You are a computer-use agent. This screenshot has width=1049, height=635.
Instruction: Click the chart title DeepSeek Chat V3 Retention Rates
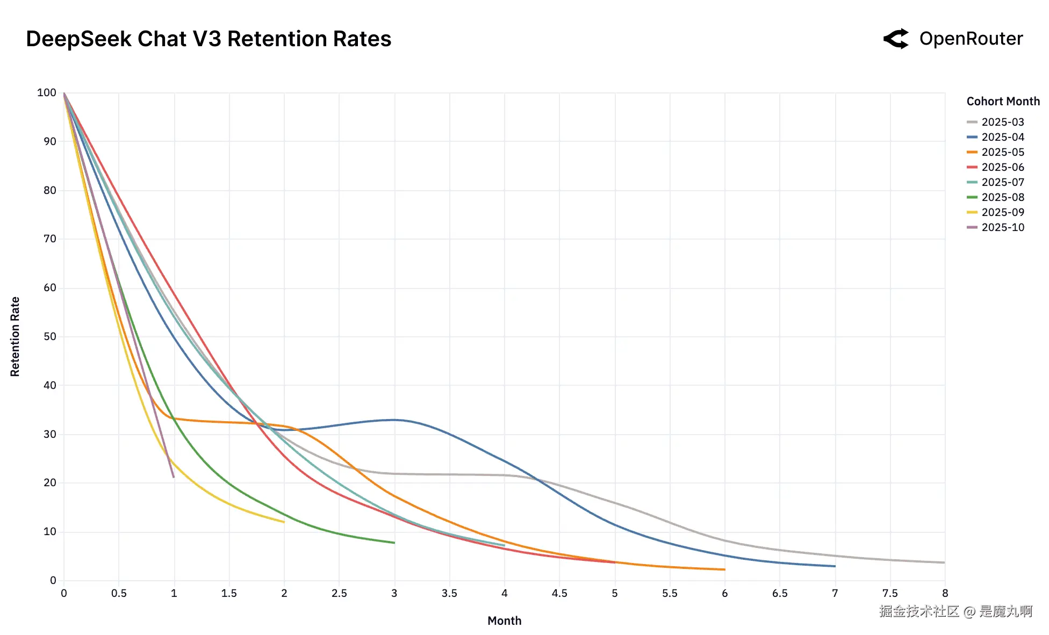pyautogui.click(x=209, y=39)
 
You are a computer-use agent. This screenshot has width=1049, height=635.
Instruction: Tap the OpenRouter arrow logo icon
pyautogui.click(x=896, y=39)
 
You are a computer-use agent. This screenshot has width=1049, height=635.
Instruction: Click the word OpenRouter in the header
pyautogui.click(x=971, y=39)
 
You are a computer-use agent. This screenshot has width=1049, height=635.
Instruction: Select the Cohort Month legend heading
pyautogui.click(x=1003, y=102)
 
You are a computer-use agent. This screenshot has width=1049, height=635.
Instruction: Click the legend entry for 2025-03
pyautogui.click(x=1002, y=122)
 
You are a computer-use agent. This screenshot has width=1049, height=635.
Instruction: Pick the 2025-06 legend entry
pyautogui.click(x=1002, y=167)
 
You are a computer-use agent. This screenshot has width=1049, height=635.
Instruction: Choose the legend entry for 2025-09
pyautogui.click(x=1002, y=212)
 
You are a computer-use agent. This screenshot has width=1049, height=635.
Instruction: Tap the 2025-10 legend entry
pyautogui.click(x=1002, y=227)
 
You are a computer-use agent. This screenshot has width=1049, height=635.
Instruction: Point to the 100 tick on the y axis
pyautogui.click(x=47, y=92)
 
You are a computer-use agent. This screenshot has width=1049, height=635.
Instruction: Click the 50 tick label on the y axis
pyautogui.click(x=49, y=336)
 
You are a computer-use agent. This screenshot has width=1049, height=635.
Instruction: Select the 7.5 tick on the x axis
pyautogui.click(x=890, y=593)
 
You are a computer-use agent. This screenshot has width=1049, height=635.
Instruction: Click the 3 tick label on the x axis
pyautogui.click(x=394, y=593)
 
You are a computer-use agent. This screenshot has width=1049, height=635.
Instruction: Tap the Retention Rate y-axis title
pyautogui.click(x=15, y=336)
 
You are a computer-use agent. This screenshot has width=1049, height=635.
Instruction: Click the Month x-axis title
pyautogui.click(x=504, y=620)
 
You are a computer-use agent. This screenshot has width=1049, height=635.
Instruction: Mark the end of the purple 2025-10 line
pyautogui.click(x=174, y=477)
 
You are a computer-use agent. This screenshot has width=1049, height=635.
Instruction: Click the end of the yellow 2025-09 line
pyautogui.click(x=284, y=522)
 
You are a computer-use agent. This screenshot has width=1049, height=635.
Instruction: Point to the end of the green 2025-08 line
pyautogui.click(x=394, y=543)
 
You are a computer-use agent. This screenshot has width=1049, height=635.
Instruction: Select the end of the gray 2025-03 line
pyautogui.click(x=944, y=562)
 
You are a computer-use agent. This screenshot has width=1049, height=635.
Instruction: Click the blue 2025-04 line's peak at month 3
pyautogui.click(x=394, y=420)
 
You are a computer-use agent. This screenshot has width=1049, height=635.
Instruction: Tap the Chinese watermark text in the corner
pyautogui.click(x=955, y=611)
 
